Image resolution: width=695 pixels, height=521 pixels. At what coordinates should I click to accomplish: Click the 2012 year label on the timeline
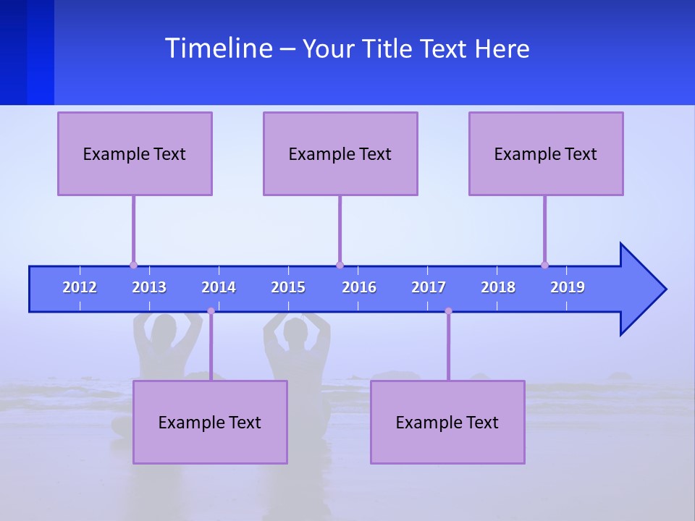(x=80, y=287)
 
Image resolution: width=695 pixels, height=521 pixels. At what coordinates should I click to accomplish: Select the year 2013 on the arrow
(x=149, y=287)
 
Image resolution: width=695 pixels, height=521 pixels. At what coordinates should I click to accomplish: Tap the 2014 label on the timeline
(x=219, y=287)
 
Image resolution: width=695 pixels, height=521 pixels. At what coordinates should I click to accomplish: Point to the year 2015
(x=288, y=287)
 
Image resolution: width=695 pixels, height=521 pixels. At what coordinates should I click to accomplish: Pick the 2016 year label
(x=359, y=287)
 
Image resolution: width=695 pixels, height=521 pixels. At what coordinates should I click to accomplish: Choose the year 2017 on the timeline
(x=429, y=287)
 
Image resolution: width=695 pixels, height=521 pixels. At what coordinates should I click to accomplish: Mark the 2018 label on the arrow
(x=498, y=287)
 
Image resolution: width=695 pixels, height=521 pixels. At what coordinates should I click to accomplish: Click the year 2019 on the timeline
(x=568, y=287)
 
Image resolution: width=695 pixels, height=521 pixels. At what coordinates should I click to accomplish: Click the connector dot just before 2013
(x=133, y=265)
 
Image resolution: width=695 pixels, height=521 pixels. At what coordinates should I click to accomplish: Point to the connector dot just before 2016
(x=340, y=265)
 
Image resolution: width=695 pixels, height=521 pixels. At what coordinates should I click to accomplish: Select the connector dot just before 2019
(x=544, y=265)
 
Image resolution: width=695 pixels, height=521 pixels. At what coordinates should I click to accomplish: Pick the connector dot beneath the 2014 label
(x=211, y=311)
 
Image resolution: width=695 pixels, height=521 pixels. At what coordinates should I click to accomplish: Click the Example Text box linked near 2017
(x=447, y=422)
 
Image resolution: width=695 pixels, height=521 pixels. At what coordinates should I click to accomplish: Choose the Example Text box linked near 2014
(x=210, y=422)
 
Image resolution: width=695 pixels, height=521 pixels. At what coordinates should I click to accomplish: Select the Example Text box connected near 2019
(x=546, y=153)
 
